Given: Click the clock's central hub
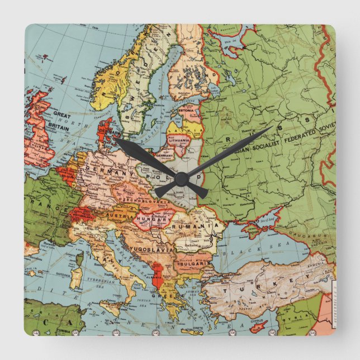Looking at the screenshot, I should (x=181, y=179).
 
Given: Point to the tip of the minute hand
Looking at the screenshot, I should (x=272, y=127).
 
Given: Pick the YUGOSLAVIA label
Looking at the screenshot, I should (x=150, y=245).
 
